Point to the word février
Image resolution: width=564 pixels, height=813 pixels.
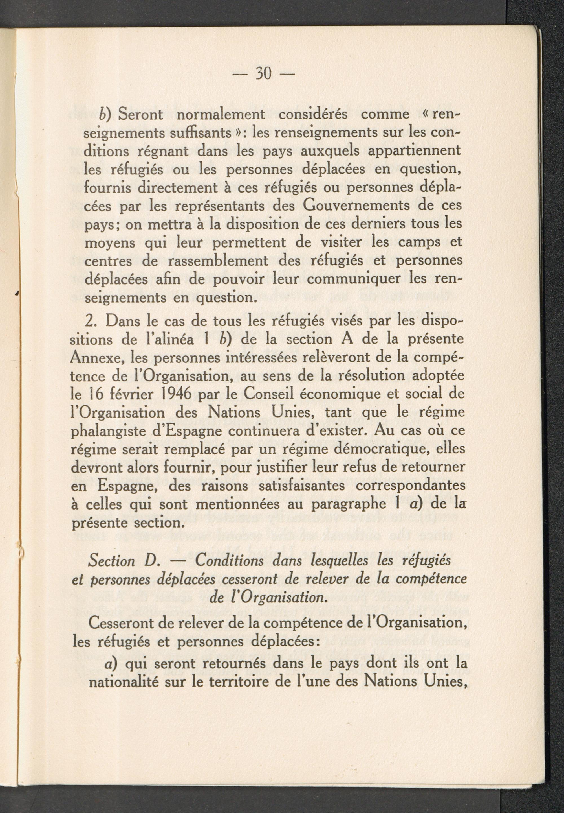pos(129,394)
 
